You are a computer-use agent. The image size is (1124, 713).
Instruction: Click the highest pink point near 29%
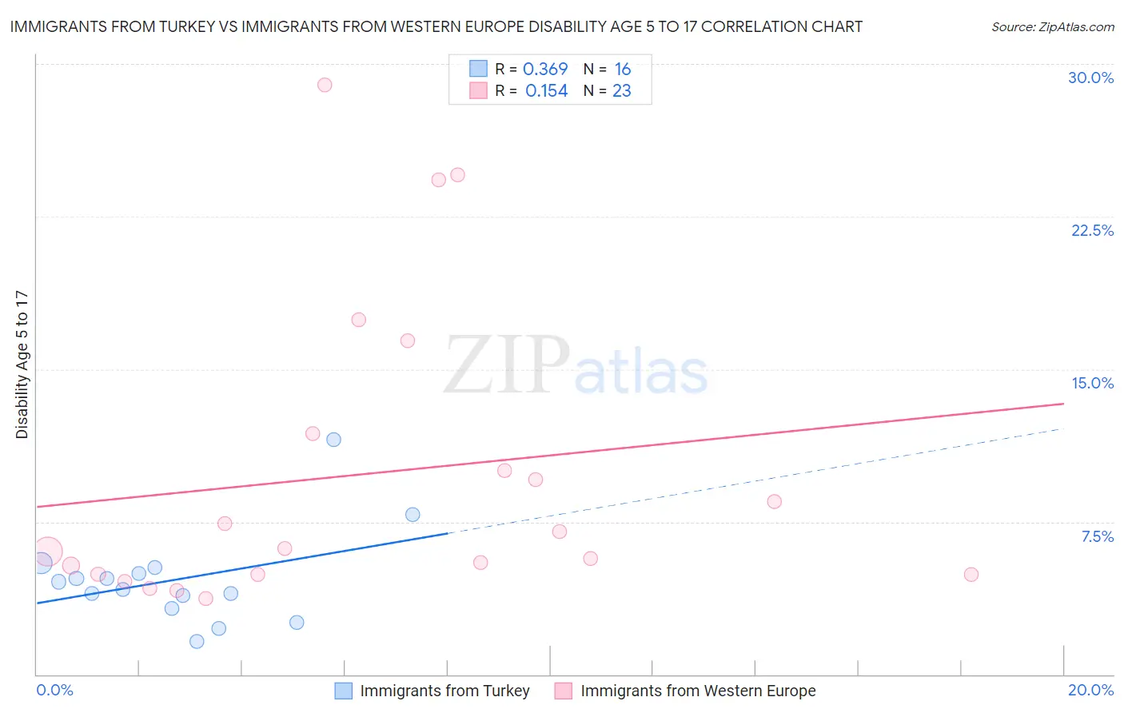click(325, 85)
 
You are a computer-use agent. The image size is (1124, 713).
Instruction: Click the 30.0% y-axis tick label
click(1090, 78)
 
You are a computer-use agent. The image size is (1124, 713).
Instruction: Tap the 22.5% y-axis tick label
click(1092, 230)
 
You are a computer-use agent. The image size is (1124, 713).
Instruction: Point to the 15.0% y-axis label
click(1092, 383)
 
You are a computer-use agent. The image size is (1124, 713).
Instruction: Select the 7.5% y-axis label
click(1097, 536)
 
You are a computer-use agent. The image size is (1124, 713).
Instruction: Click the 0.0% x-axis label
click(54, 690)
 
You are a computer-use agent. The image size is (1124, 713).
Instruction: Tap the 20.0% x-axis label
click(1090, 690)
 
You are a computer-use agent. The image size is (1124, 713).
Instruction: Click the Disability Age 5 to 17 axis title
click(22, 364)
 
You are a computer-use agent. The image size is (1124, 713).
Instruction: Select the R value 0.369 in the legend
click(545, 69)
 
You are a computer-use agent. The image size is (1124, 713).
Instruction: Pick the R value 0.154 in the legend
click(546, 91)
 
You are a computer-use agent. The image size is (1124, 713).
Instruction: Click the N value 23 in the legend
click(621, 91)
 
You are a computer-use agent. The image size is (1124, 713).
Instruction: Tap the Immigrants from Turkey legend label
click(444, 691)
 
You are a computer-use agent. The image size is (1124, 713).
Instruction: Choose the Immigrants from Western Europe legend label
click(698, 691)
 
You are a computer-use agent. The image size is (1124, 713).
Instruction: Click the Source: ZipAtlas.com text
click(1052, 27)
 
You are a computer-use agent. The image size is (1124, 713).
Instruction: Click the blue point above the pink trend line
click(334, 440)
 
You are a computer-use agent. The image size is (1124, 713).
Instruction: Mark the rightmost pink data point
click(971, 575)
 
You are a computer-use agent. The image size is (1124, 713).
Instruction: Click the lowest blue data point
click(197, 641)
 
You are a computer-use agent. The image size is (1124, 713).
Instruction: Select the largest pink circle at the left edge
click(47, 552)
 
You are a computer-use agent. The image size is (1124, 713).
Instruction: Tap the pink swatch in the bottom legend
click(564, 691)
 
